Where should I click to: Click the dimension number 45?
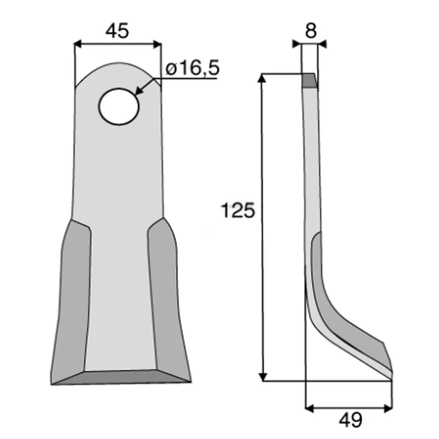click(117, 31)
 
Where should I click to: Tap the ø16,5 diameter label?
click(193, 68)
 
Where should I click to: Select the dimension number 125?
click(238, 210)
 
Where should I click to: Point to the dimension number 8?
click(311, 31)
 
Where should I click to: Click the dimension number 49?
click(351, 420)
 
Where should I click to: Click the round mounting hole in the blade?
click(119, 106)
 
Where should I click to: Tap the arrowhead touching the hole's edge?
click(139, 91)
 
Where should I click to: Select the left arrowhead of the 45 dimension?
click(78, 44)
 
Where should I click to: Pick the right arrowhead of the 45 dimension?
click(157, 44)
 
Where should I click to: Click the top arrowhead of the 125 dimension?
click(262, 78)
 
